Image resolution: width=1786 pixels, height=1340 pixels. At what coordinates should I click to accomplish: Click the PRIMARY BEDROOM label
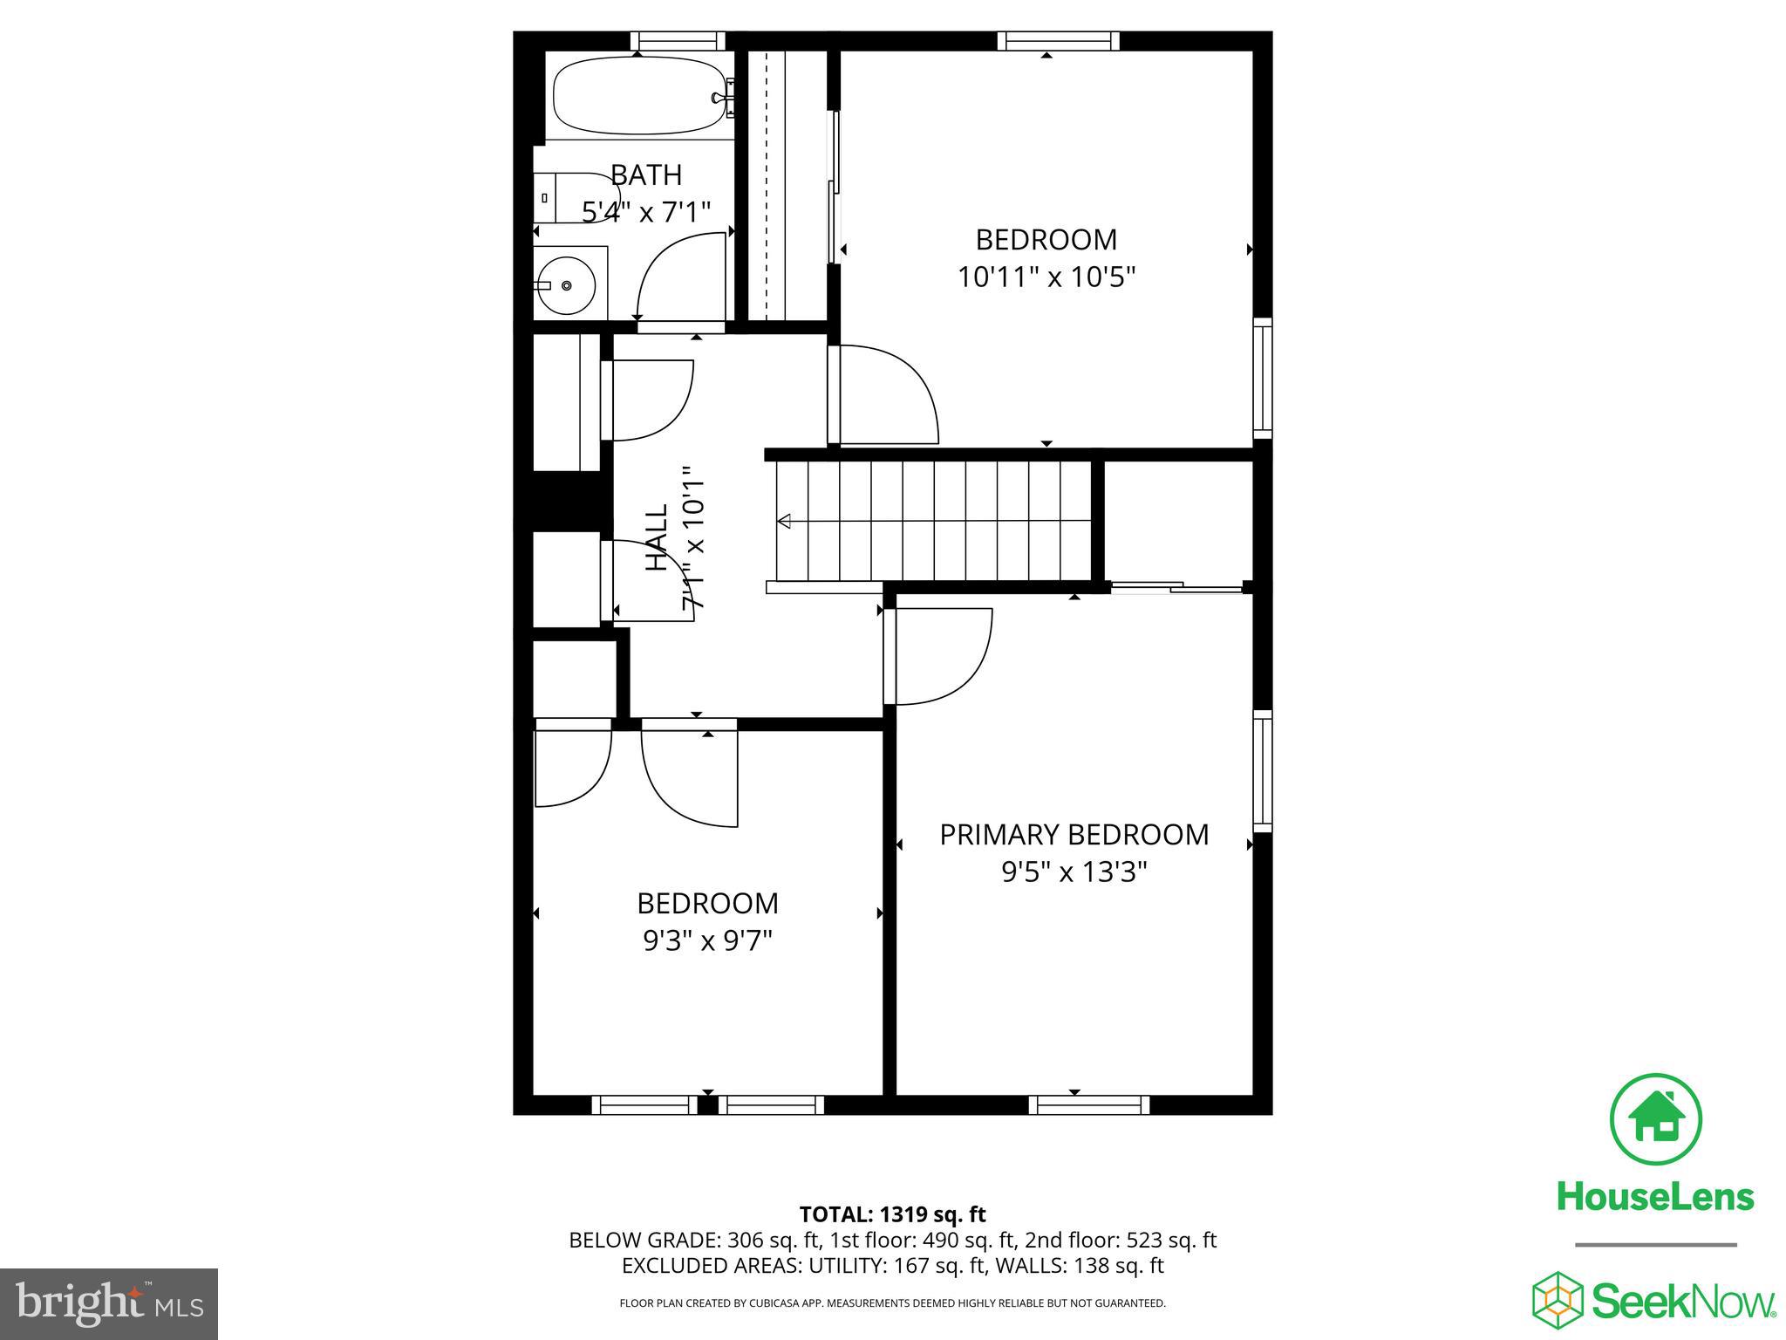1074,835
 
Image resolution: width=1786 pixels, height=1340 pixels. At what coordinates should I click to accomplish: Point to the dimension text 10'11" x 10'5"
1046,277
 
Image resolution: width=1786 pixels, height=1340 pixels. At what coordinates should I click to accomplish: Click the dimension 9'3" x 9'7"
707,940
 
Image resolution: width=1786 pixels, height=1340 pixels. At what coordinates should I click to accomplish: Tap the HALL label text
656,537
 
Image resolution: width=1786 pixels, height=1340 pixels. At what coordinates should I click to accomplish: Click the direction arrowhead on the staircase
784,522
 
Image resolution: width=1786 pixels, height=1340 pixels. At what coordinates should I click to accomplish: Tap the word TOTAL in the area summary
832,1214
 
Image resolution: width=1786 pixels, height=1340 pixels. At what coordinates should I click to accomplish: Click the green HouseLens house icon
1655,1120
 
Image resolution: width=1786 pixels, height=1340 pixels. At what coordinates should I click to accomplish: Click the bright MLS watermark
109,1303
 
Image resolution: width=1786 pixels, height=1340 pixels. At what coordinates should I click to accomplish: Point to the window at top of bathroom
678,41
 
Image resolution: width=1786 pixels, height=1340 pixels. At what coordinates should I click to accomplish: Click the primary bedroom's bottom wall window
1088,1104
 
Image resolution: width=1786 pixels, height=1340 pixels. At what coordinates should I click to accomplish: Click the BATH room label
645,175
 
